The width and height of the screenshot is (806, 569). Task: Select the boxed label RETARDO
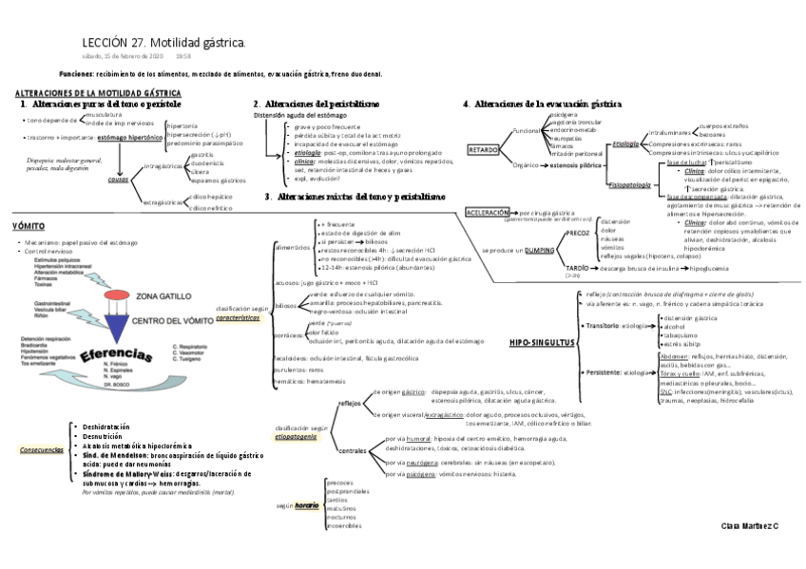click(x=483, y=150)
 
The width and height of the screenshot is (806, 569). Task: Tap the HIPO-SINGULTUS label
click(x=543, y=341)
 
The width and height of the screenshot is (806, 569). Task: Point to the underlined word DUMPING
click(x=540, y=250)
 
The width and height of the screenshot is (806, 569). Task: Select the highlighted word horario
click(x=306, y=505)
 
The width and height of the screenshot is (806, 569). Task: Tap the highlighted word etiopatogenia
click(x=297, y=436)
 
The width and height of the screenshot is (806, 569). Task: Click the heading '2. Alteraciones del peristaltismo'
click(x=317, y=104)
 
